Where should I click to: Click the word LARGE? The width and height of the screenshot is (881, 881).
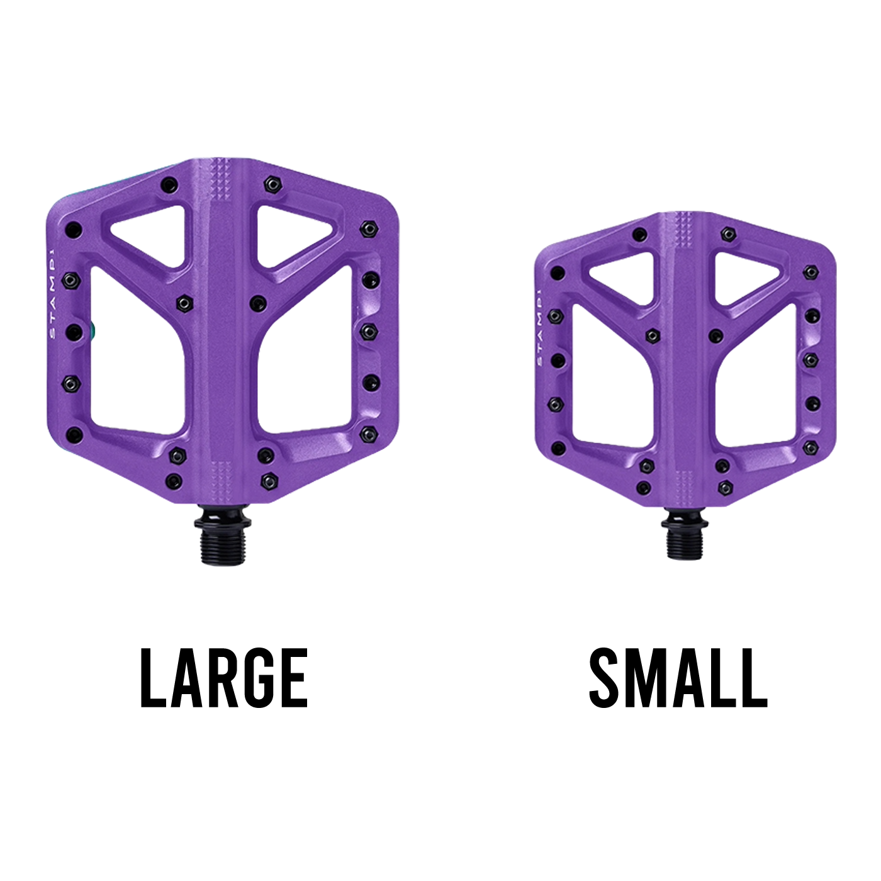pos(223,678)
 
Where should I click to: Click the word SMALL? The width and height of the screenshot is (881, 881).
pos(678,678)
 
